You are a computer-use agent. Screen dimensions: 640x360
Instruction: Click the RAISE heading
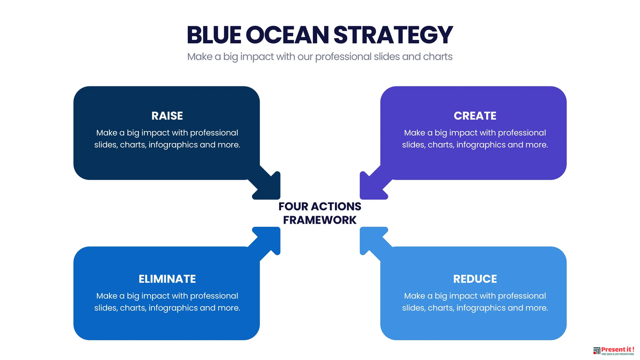[x=167, y=116]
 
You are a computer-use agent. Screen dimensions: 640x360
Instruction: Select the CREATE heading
[x=475, y=116]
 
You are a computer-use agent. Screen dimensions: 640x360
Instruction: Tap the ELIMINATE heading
[x=167, y=279]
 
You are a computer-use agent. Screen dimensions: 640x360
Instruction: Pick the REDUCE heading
[x=475, y=279]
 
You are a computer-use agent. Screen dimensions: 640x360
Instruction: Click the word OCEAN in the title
[x=287, y=35]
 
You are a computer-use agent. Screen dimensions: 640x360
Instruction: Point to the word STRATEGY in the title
[x=393, y=35]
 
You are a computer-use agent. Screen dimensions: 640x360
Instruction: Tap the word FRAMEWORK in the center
[x=320, y=220]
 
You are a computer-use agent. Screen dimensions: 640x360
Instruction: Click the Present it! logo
[x=613, y=351]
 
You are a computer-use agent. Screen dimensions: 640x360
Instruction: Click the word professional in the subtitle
[x=343, y=57]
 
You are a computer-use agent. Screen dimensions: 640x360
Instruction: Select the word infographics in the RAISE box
[x=173, y=145]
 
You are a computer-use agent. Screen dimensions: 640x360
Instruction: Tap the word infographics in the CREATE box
[x=481, y=145]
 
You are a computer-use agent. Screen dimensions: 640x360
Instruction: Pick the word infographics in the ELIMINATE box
[x=173, y=308]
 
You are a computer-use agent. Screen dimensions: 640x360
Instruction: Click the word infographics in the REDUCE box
[x=481, y=308]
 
